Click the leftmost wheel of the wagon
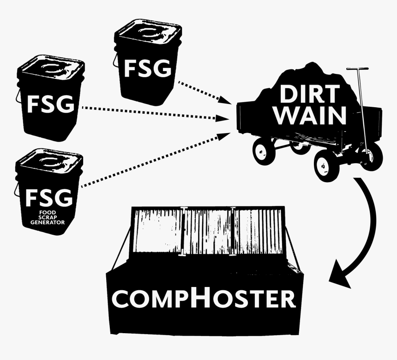263,150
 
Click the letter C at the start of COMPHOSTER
121,299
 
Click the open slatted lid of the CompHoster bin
208,231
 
